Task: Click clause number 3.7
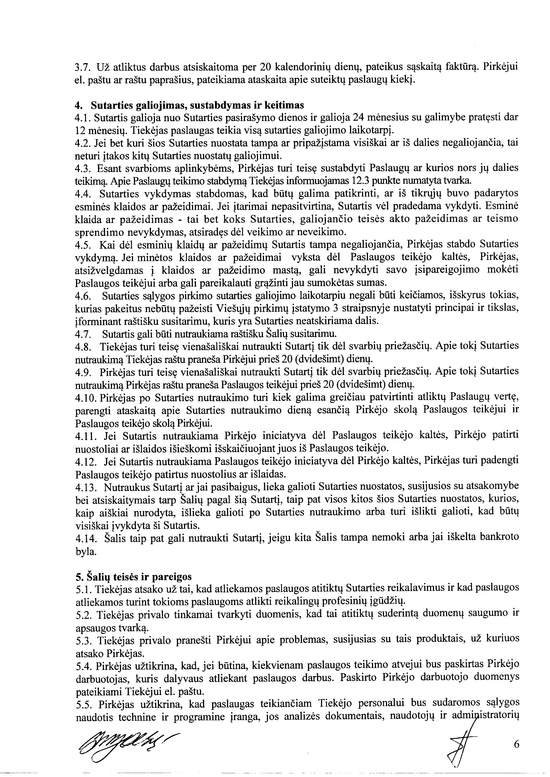pos(82,67)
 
